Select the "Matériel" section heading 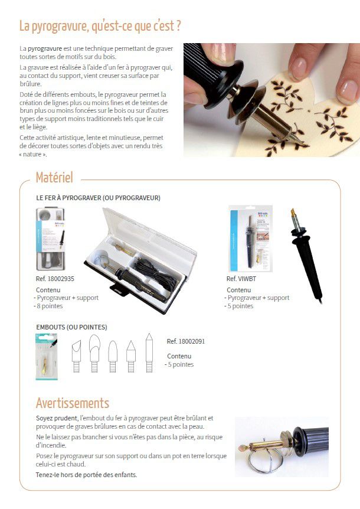pos(54,177)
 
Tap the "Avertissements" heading pos(72,403)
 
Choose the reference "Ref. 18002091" pos(186,341)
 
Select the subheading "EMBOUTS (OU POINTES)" pos(71,327)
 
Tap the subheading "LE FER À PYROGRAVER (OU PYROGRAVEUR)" pos(98,198)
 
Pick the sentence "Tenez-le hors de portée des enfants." pos(78,474)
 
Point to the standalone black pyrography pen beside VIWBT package pos(306,254)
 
